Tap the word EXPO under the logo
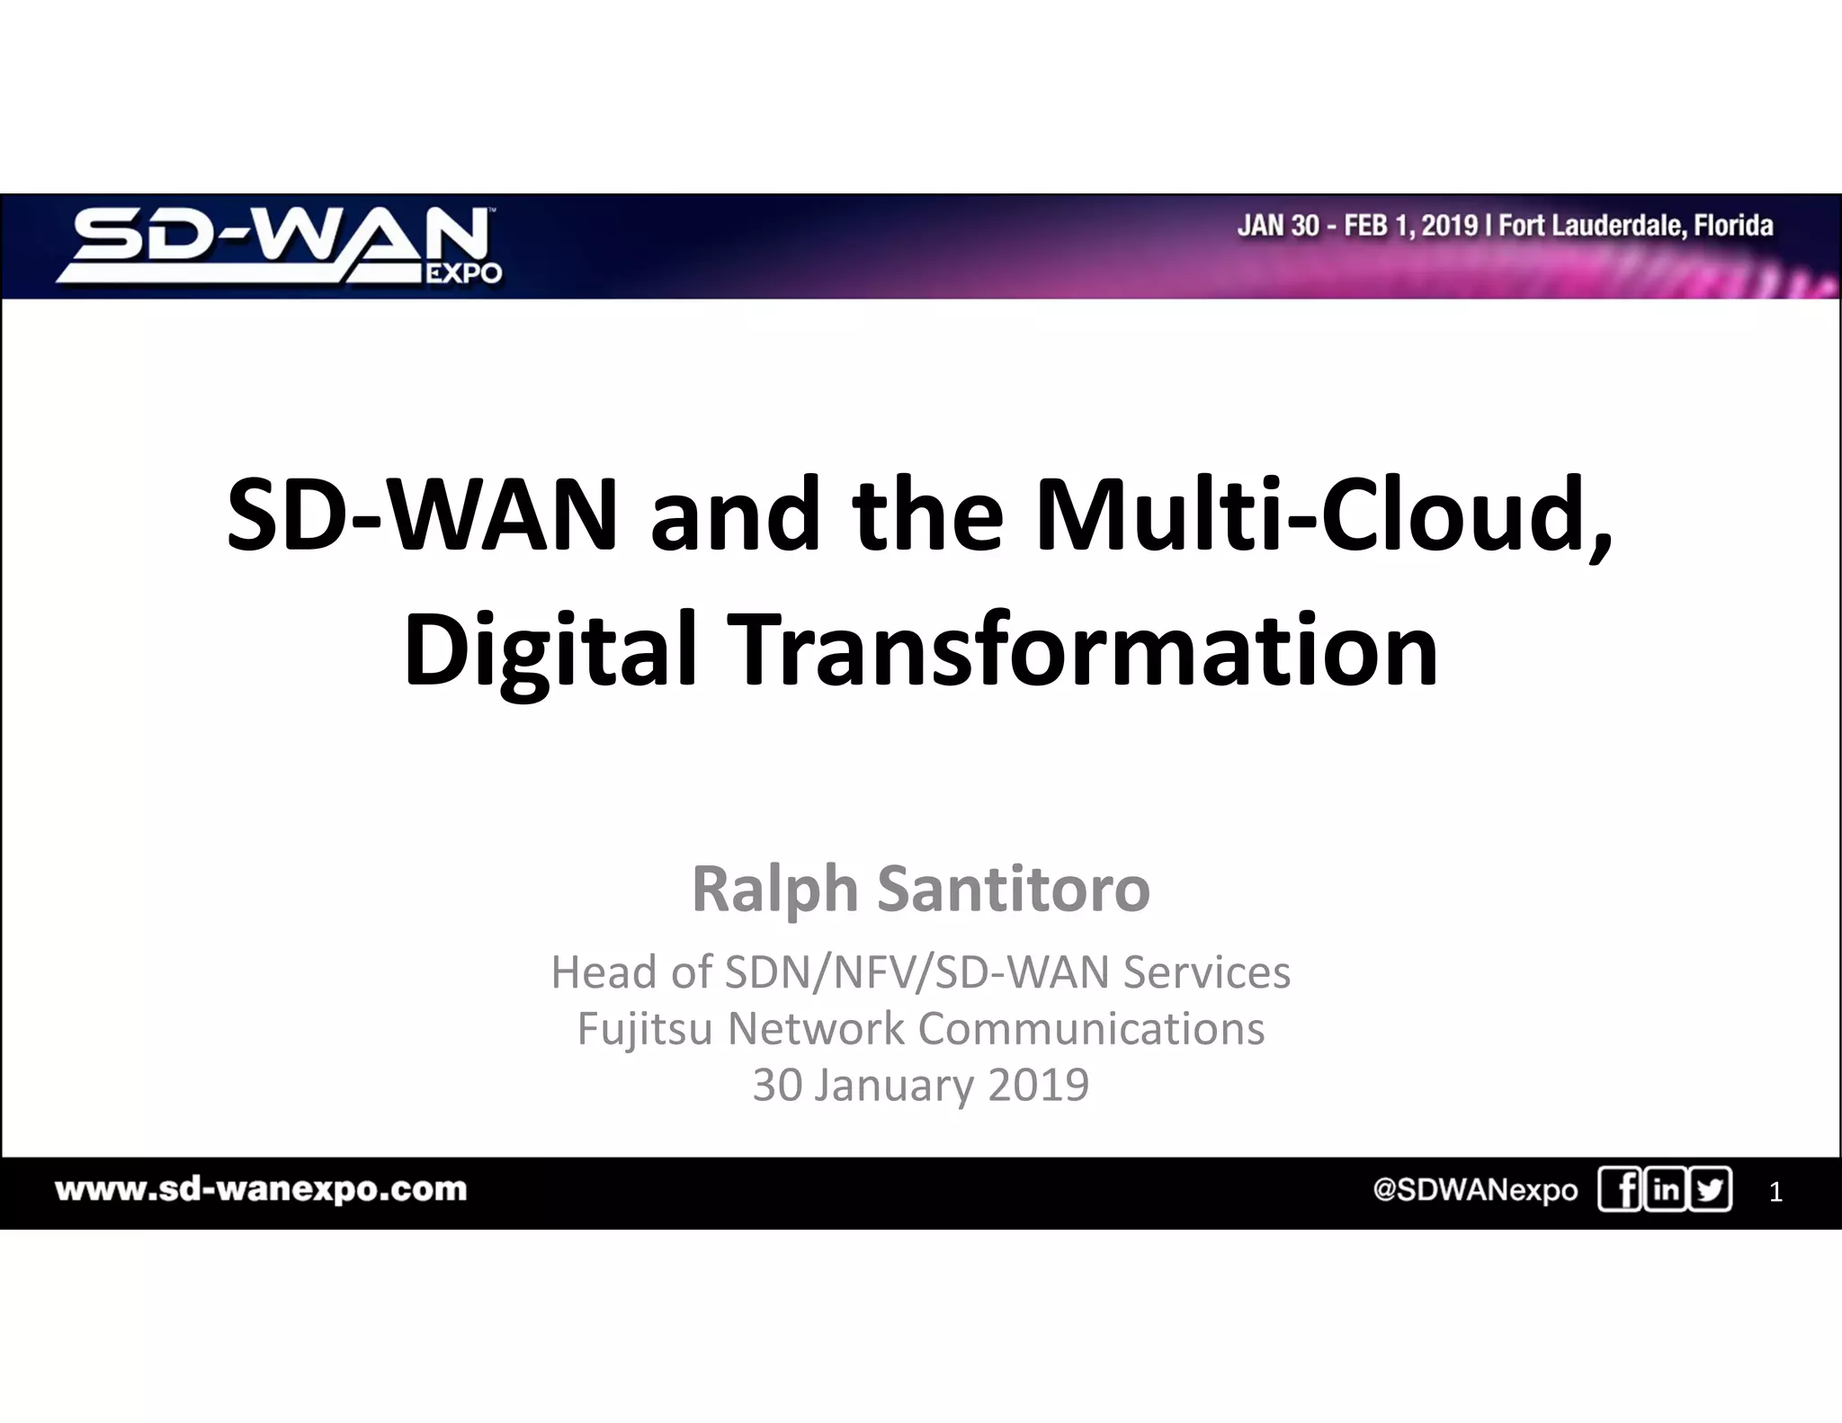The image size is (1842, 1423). click(x=463, y=273)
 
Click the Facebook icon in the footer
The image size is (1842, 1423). click(x=1620, y=1189)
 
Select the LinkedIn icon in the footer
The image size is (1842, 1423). click(x=1666, y=1189)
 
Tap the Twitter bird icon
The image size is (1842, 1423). click(x=1711, y=1189)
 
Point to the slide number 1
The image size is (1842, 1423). click(x=1775, y=1193)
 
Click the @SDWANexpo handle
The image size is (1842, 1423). click(x=1475, y=1190)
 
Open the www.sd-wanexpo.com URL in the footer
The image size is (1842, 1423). click(x=261, y=1189)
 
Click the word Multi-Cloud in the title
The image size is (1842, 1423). click(x=1322, y=515)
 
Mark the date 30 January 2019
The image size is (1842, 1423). click(x=921, y=1085)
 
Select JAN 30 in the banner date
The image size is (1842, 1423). click(x=1278, y=225)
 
